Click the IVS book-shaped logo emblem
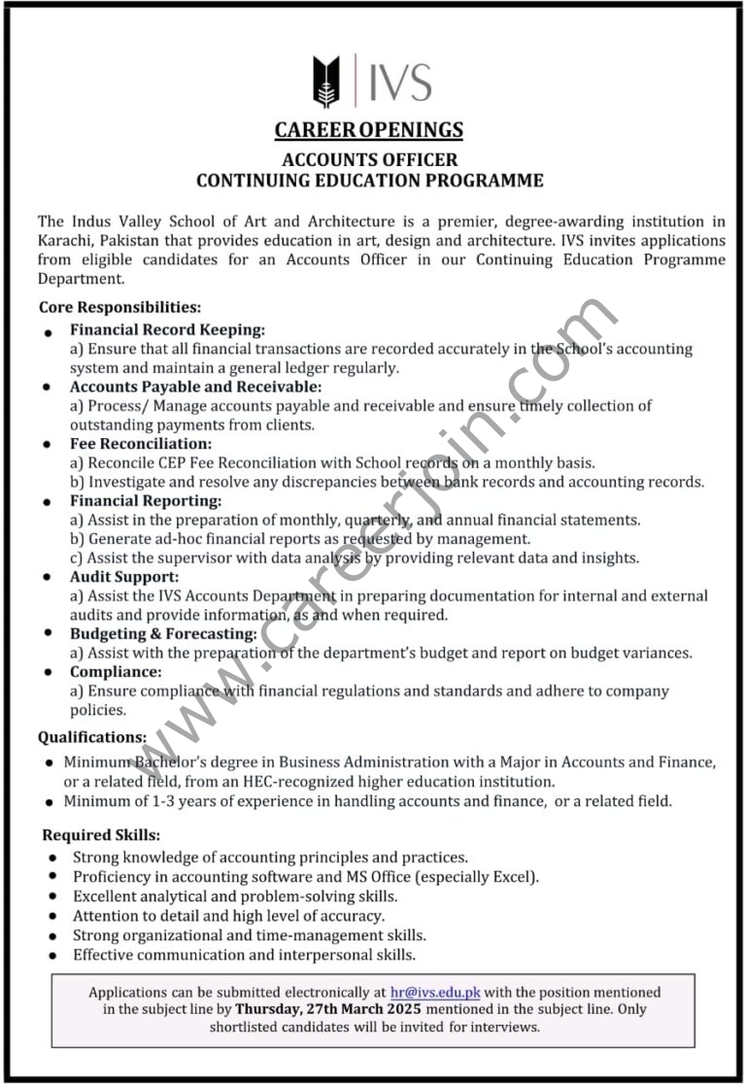coord(326,82)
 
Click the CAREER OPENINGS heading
coord(368,129)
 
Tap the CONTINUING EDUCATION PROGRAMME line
coord(369,181)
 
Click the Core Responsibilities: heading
coord(119,307)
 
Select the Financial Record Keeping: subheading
coord(167,330)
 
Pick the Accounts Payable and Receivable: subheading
coord(194,387)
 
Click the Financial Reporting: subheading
coord(146,501)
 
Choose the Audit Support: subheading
coord(123,577)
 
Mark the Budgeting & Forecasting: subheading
coord(163,634)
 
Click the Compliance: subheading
coord(116,672)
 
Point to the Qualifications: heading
coord(92,737)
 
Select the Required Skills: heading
coord(101,834)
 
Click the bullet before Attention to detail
coord(51,917)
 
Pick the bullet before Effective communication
coord(51,956)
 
